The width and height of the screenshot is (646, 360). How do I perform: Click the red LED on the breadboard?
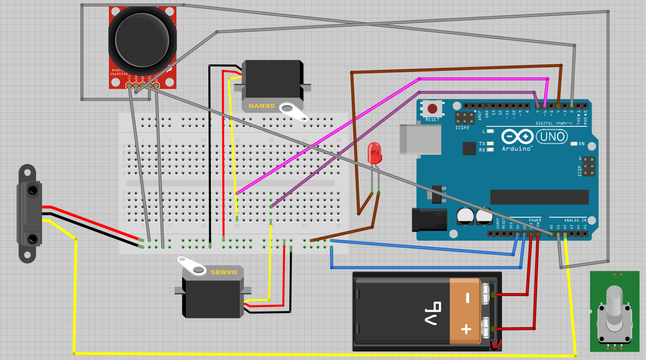click(x=374, y=153)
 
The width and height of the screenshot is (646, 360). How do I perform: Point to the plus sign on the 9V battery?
click(x=467, y=329)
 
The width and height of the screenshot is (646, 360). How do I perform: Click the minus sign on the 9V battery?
click(x=468, y=298)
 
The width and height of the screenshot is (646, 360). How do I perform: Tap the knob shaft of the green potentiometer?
click(x=614, y=305)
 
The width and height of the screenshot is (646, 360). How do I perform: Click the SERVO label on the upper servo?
click(x=262, y=106)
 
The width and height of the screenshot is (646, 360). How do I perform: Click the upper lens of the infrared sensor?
click(x=32, y=190)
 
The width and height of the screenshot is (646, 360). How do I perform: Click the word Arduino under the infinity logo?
click(x=517, y=148)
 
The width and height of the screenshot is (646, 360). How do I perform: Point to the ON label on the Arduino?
click(x=581, y=144)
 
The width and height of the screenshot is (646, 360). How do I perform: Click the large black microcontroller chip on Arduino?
click(x=539, y=197)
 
